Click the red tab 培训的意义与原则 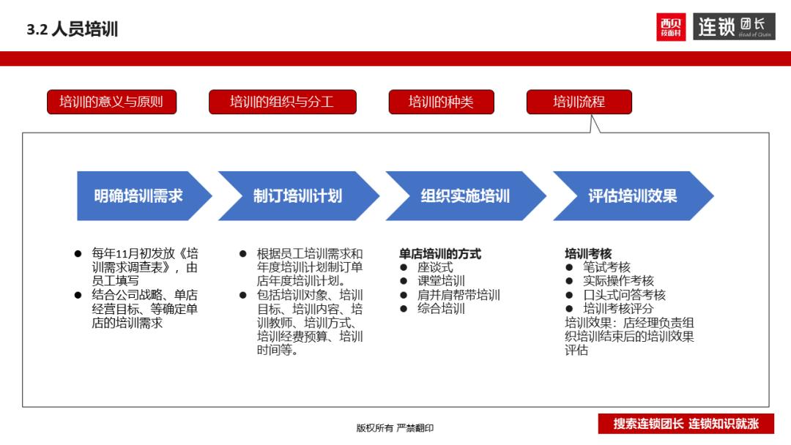tap(111, 102)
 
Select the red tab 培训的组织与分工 tap(282, 102)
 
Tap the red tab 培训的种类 tap(441, 102)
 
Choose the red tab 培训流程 tap(579, 102)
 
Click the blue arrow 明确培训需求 tap(138, 196)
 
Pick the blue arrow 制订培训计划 tap(297, 196)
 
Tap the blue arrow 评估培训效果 tap(632, 196)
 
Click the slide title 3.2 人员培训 tap(73, 30)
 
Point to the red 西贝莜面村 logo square tap(671, 27)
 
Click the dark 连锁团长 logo tap(734, 27)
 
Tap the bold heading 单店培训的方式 tap(440, 254)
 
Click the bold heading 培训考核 tap(588, 254)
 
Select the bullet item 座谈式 tap(435, 268)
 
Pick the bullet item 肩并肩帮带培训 tap(458, 295)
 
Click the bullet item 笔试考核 tap(606, 268)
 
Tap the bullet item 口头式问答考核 tap(624, 295)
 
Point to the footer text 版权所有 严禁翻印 tap(395, 428)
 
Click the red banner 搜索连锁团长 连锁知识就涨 tap(686, 424)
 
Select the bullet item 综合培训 tap(441, 309)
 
